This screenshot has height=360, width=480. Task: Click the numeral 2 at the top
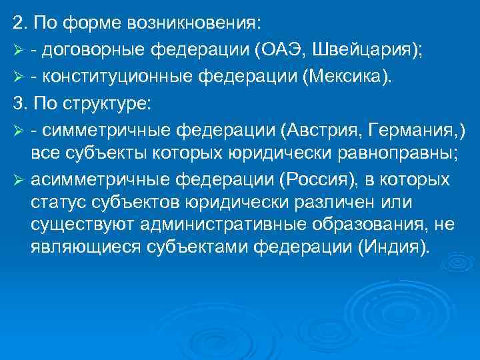tap(17, 25)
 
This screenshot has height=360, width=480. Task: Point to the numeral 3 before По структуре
tap(17, 103)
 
